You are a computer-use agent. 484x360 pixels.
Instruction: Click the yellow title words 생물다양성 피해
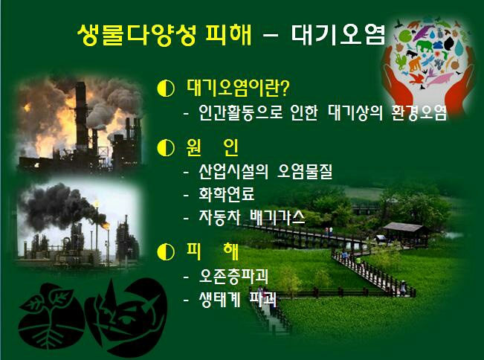[164, 34]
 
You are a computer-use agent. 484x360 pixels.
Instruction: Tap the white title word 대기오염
[338, 34]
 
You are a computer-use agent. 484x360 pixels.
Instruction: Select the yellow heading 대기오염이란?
[238, 89]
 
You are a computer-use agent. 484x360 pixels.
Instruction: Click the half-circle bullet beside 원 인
[166, 147]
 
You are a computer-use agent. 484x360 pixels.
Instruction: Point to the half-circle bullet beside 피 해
[166, 252]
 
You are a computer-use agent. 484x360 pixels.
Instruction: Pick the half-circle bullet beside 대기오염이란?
[166, 89]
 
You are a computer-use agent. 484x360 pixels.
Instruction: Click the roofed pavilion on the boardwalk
[406, 233]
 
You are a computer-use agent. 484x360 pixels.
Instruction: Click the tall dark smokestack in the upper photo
[81, 116]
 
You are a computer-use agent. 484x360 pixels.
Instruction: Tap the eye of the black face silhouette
[126, 319]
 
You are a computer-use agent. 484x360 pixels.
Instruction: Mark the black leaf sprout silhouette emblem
[51, 315]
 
